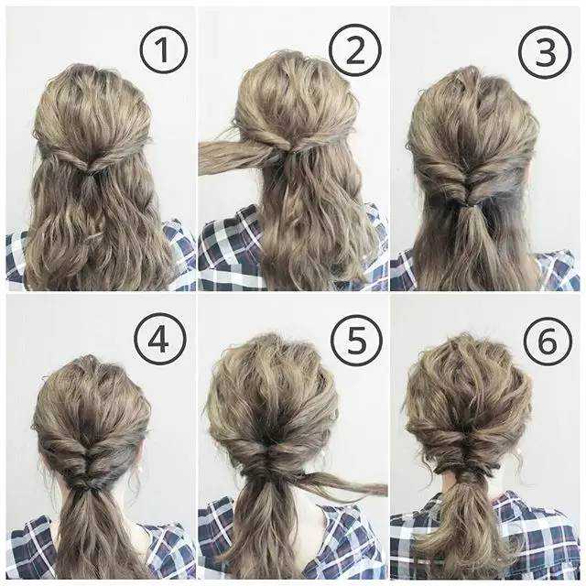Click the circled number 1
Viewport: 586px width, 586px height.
click(163, 49)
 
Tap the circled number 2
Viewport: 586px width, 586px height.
click(355, 50)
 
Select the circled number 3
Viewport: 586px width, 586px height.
click(545, 52)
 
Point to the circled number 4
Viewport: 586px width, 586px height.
click(160, 340)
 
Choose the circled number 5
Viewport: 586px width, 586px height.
click(356, 340)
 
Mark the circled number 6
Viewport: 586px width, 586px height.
click(548, 342)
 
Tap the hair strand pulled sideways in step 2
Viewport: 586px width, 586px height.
click(235, 157)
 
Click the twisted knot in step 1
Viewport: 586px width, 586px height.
click(89, 165)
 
